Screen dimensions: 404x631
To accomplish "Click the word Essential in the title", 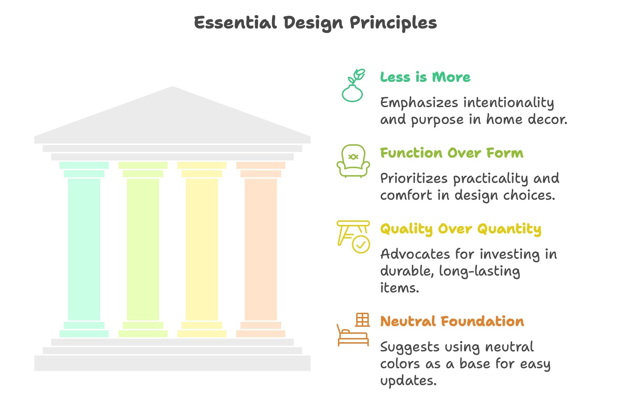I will click(x=235, y=23).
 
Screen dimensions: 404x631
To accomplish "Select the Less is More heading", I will click(x=425, y=77).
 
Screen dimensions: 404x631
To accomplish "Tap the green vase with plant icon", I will click(x=353, y=86).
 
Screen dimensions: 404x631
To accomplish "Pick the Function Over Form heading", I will click(x=452, y=153).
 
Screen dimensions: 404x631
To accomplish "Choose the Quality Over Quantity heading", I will click(x=461, y=229).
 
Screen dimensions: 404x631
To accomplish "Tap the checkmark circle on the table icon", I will click(x=361, y=244).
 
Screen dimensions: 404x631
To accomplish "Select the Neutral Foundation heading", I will click(x=452, y=321).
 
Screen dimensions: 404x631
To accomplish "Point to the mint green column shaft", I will click(x=84, y=249).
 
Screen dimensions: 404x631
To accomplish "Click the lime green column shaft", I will click(x=143, y=249).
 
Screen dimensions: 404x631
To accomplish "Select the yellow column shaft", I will click(x=202, y=249).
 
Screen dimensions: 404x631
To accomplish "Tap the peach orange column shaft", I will click(x=261, y=249).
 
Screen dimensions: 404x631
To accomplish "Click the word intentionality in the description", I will click(x=509, y=103).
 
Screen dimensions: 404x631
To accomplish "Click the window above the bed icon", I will click(x=362, y=320).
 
